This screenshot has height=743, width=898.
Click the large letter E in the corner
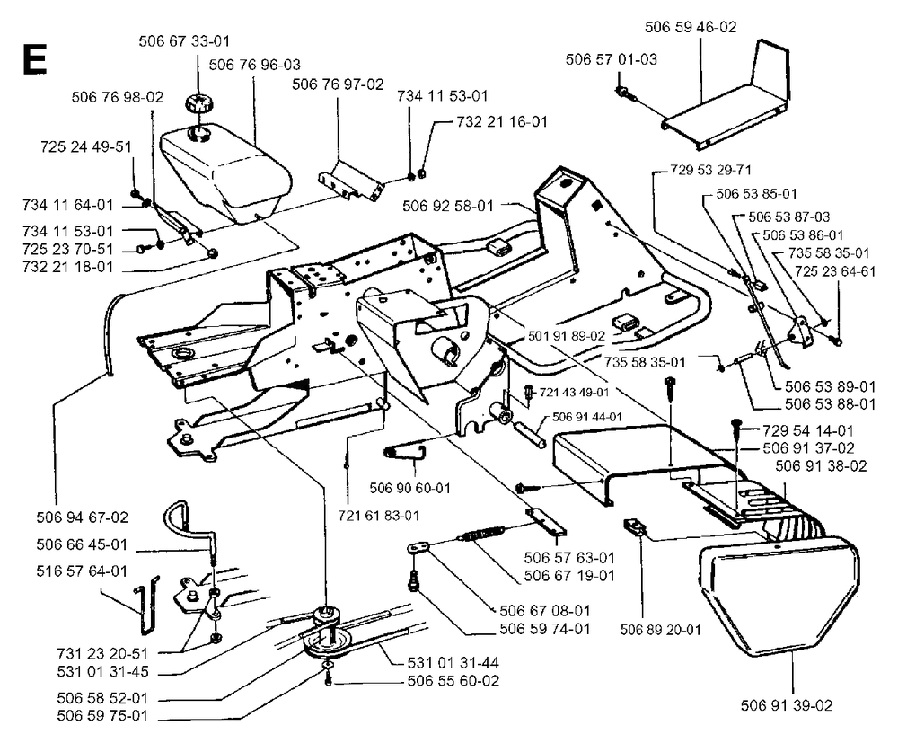[34, 59]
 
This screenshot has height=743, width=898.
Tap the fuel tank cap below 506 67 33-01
[198, 105]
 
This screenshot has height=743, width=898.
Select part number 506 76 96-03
[255, 65]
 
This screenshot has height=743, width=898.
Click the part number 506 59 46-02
[691, 27]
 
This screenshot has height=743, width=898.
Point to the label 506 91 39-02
[787, 705]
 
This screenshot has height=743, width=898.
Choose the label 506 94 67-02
[83, 517]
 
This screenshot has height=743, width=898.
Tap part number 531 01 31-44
[453, 663]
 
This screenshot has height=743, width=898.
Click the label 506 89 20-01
[660, 630]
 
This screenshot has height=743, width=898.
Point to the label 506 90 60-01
[410, 488]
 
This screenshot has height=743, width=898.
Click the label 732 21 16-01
[502, 122]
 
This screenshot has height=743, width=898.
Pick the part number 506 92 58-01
[448, 206]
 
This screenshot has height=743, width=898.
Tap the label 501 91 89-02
[567, 336]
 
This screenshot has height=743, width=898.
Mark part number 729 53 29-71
[710, 170]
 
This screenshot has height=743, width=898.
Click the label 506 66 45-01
[82, 544]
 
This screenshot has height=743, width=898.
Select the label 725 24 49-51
[86, 146]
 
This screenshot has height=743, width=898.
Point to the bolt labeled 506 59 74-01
[412, 582]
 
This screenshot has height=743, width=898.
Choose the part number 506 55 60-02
[453, 681]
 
